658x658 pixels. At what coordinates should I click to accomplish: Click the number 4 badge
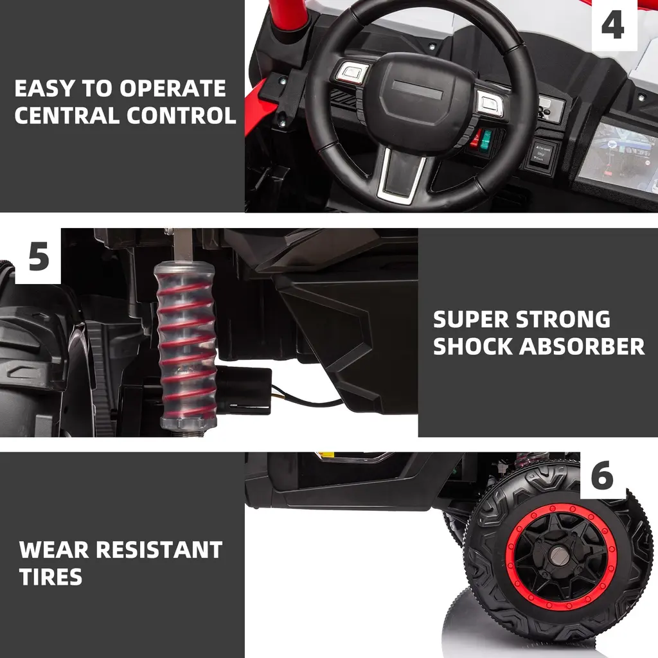coord(614,25)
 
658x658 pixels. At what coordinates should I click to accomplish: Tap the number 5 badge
coord(38,256)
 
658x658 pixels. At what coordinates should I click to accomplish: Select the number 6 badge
coord(603,476)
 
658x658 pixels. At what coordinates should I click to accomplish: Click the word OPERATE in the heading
coord(172,89)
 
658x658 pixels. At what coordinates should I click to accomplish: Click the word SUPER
coord(471,320)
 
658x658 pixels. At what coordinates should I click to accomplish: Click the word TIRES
coord(50,576)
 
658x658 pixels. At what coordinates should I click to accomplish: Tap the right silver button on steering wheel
coord(490,103)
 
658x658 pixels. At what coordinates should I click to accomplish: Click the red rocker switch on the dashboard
coord(476,139)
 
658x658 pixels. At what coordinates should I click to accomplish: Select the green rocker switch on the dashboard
coord(486,140)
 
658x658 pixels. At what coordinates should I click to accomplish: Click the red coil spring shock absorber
coord(186,344)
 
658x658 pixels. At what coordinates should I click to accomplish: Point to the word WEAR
coord(54,550)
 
